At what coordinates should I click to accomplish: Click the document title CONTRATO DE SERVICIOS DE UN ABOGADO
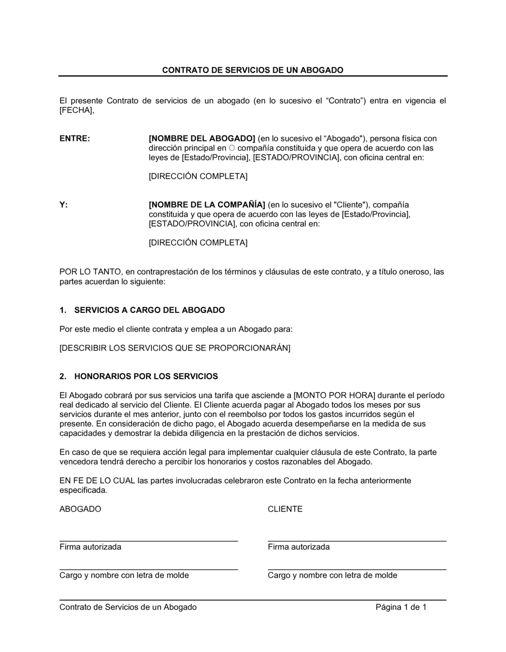pyautogui.click(x=252, y=70)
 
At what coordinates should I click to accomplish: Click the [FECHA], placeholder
pyautogui.click(x=77, y=110)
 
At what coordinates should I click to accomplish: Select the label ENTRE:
pyautogui.click(x=75, y=138)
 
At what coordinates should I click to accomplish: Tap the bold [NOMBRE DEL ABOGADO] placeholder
pyautogui.click(x=202, y=138)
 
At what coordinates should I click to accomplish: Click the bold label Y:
pyautogui.click(x=64, y=205)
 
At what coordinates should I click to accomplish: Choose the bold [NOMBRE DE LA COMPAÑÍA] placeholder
pyautogui.click(x=207, y=205)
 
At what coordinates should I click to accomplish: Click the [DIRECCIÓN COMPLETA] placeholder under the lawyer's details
pyautogui.click(x=198, y=176)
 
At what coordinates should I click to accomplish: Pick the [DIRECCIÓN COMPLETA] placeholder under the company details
pyautogui.click(x=198, y=243)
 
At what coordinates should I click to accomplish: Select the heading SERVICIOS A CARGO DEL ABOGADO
pyautogui.click(x=149, y=310)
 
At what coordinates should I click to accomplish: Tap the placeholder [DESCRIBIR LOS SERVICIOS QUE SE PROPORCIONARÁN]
pyautogui.click(x=175, y=348)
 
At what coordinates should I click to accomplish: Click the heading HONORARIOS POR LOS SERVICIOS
pyautogui.click(x=146, y=376)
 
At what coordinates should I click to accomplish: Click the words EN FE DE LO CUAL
pyautogui.click(x=97, y=481)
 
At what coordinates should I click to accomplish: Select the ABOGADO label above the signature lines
pyautogui.click(x=80, y=509)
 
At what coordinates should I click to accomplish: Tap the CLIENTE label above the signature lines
pyautogui.click(x=285, y=509)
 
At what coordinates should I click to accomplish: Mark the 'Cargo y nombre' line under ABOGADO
pyautogui.click(x=148, y=569)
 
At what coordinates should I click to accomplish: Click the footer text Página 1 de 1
pyautogui.click(x=401, y=607)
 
